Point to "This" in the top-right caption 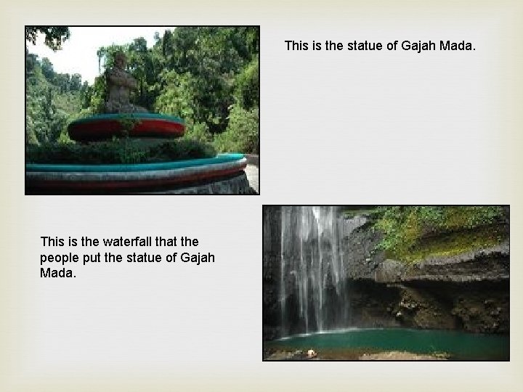pos(297,46)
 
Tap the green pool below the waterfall pos(392,340)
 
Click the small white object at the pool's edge pos(312,352)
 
